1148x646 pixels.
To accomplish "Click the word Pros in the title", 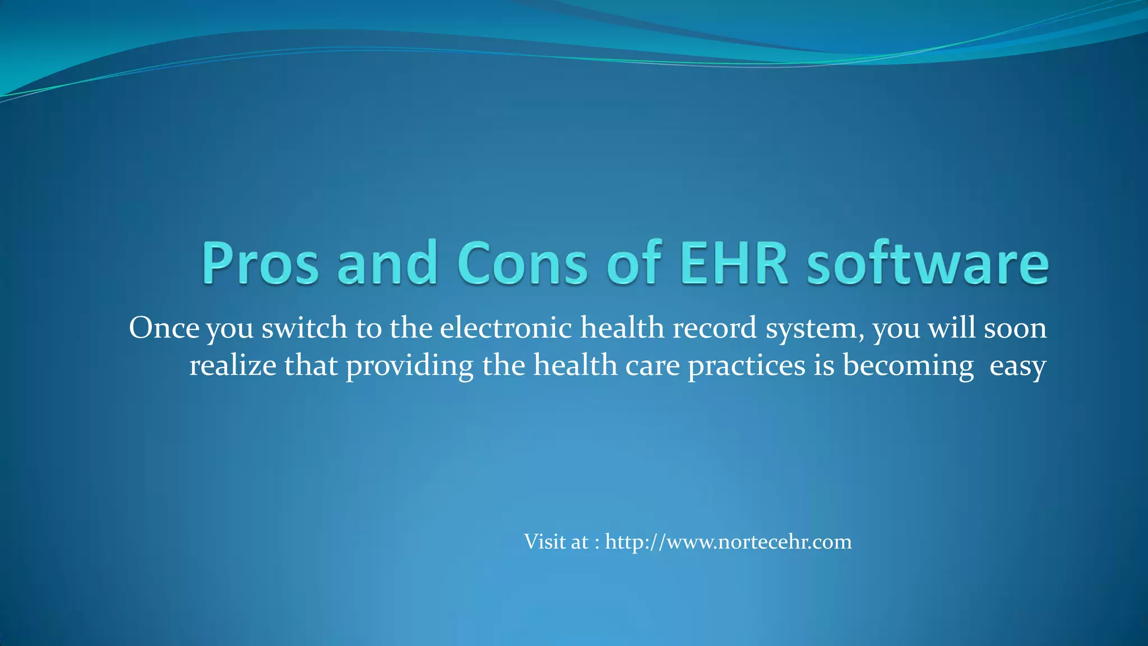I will [x=260, y=263].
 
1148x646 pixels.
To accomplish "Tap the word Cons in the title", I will [x=522, y=263].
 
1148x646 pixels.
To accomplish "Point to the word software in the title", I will [x=927, y=263].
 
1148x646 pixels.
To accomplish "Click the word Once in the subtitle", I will [x=164, y=327].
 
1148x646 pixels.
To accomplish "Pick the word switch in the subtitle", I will [x=304, y=327].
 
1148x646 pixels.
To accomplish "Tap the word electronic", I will [x=506, y=327].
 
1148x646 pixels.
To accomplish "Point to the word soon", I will [x=1015, y=327].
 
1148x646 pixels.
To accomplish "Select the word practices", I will [x=747, y=367].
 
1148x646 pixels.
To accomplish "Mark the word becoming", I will [x=908, y=367].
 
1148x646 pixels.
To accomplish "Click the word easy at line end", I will [x=1017, y=367].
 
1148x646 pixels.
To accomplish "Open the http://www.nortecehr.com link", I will [x=728, y=542].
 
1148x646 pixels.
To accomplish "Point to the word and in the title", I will [x=387, y=263].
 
